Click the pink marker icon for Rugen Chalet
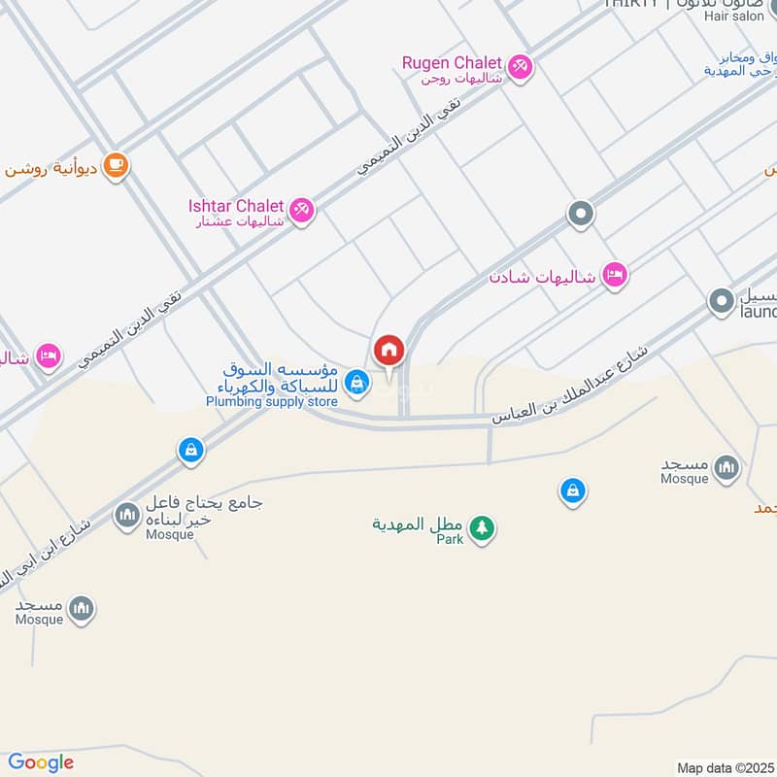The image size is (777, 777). (x=521, y=66)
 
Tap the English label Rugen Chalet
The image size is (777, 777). (x=452, y=63)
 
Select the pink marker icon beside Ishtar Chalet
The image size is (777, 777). (x=302, y=209)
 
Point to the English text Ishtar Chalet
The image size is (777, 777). (x=236, y=206)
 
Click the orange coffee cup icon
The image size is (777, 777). (x=116, y=166)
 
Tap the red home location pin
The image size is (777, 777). (x=388, y=351)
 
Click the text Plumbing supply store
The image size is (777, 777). (x=271, y=401)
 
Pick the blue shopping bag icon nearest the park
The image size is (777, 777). (x=573, y=491)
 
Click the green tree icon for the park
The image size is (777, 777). (x=481, y=528)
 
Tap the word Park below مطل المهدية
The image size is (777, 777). (x=450, y=539)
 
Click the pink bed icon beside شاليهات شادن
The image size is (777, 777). (x=614, y=276)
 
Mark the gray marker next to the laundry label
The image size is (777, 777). (x=721, y=302)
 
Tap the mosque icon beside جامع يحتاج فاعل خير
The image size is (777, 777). (x=127, y=516)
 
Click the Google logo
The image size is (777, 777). (x=41, y=762)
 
